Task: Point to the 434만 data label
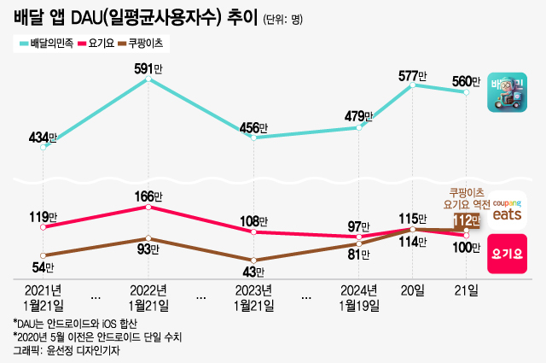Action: pos(43,138)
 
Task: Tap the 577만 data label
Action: pos(413,75)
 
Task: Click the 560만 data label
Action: pos(466,82)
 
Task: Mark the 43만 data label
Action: pos(253,272)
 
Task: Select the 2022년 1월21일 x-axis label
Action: pos(148,296)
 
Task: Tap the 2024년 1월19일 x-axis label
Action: pos(359,296)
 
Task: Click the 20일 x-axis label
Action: pos(413,290)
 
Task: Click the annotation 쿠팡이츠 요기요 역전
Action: pos(466,198)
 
